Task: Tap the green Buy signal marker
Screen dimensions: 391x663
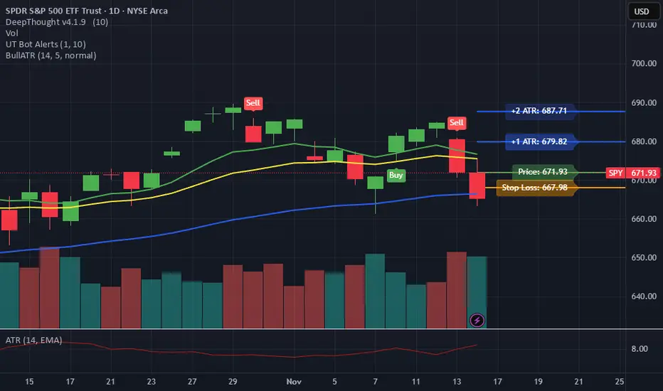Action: point(396,174)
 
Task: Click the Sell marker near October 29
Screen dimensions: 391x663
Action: point(253,103)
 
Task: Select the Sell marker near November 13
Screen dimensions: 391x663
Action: point(457,122)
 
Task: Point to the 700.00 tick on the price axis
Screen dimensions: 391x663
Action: point(643,63)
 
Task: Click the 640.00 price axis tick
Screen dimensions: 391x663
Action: point(643,296)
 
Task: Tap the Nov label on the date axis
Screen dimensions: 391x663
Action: point(294,380)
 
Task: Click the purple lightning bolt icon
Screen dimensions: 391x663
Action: point(477,321)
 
